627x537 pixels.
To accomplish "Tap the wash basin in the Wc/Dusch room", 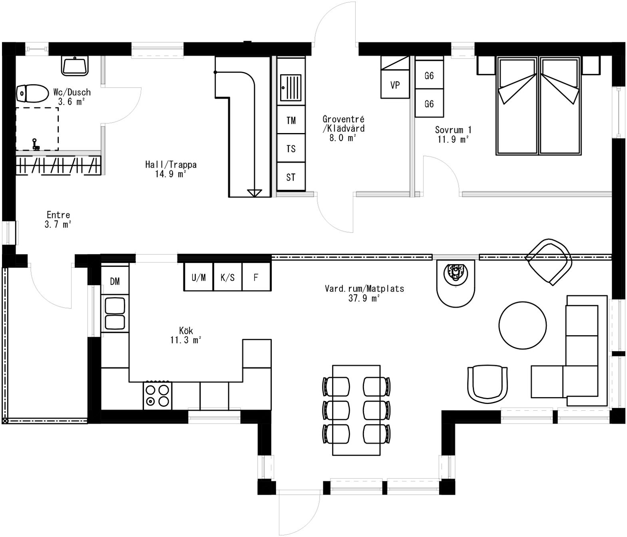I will coord(75,66).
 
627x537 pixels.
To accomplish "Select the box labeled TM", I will coord(291,120).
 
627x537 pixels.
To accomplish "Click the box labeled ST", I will coord(291,177).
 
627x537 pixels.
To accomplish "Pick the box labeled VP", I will coord(395,84).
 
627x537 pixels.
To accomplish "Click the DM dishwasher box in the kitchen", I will coord(115,281).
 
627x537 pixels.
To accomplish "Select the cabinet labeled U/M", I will coord(199,277).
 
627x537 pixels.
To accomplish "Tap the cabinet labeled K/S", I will coord(227,277).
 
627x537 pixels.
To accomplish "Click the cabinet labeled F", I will coord(256,277).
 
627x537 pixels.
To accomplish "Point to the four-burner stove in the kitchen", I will coord(157,396).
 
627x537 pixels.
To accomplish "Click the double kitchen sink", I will coord(115,314).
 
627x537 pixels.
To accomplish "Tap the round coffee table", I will coord(522,325).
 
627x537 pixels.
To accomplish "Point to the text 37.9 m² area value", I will coord(364,298).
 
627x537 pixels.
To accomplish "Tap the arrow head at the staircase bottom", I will coord(254,193).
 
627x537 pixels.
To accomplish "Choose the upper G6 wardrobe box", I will coord(429,75).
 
